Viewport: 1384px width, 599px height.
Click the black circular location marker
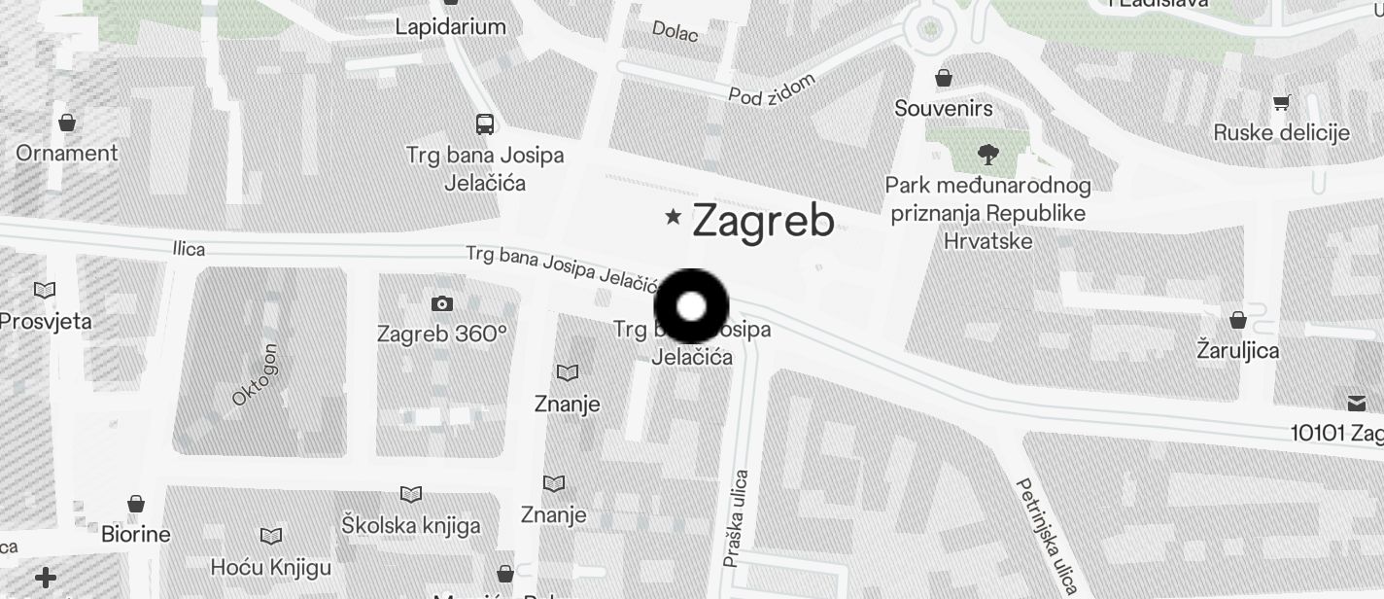(x=691, y=306)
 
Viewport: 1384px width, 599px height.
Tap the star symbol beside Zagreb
(x=672, y=217)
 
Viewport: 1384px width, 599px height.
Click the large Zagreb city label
(x=763, y=222)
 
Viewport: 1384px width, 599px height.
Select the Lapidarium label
(x=450, y=27)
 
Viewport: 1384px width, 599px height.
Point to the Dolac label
(x=675, y=31)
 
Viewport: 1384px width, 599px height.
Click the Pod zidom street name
(x=772, y=88)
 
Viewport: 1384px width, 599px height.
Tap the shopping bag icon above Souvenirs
(x=943, y=78)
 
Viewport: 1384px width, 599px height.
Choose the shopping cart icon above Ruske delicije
(x=1282, y=102)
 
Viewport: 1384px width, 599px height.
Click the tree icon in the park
(x=987, y=153)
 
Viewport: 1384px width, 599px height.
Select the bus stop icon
(x=485, y=124)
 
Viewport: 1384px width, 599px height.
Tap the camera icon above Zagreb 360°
(x=442, y=304)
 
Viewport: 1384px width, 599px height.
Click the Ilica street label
(x=189, y=249)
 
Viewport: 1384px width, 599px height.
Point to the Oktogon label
(x=256, y=374)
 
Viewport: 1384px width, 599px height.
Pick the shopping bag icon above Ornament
(x=67, y=123)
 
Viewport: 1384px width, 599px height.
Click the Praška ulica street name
(x=736, y=519)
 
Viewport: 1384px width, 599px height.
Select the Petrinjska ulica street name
(x=1047, y=534)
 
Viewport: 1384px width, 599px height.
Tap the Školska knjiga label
(x=411, y=526)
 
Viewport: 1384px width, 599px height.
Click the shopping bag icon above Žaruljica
(x=1238, y=320)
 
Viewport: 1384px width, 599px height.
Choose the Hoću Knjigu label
(x=271, y=567)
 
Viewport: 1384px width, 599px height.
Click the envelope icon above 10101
(x=1357, y=404)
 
